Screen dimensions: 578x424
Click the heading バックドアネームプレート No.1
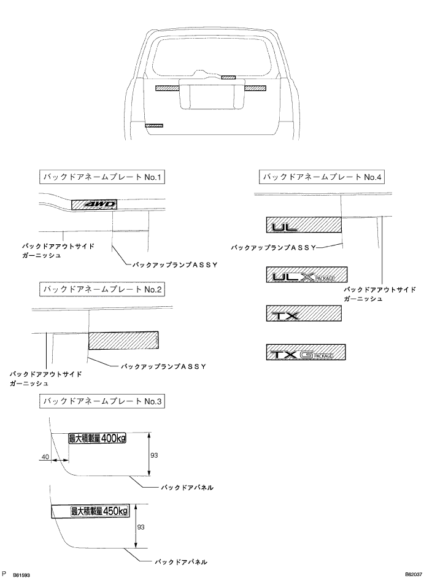pos(101,178)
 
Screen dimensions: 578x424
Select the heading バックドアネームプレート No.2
pos(101,288)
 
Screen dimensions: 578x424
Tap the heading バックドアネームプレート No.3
pos(101,401)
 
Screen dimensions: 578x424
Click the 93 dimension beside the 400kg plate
pos(155,455)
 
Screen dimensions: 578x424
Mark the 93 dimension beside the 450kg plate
pos(140,526)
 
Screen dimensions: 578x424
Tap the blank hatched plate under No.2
pos(123,341)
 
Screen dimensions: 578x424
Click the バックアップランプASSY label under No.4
pos(272,248)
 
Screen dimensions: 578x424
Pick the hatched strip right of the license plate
pos(255,88)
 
